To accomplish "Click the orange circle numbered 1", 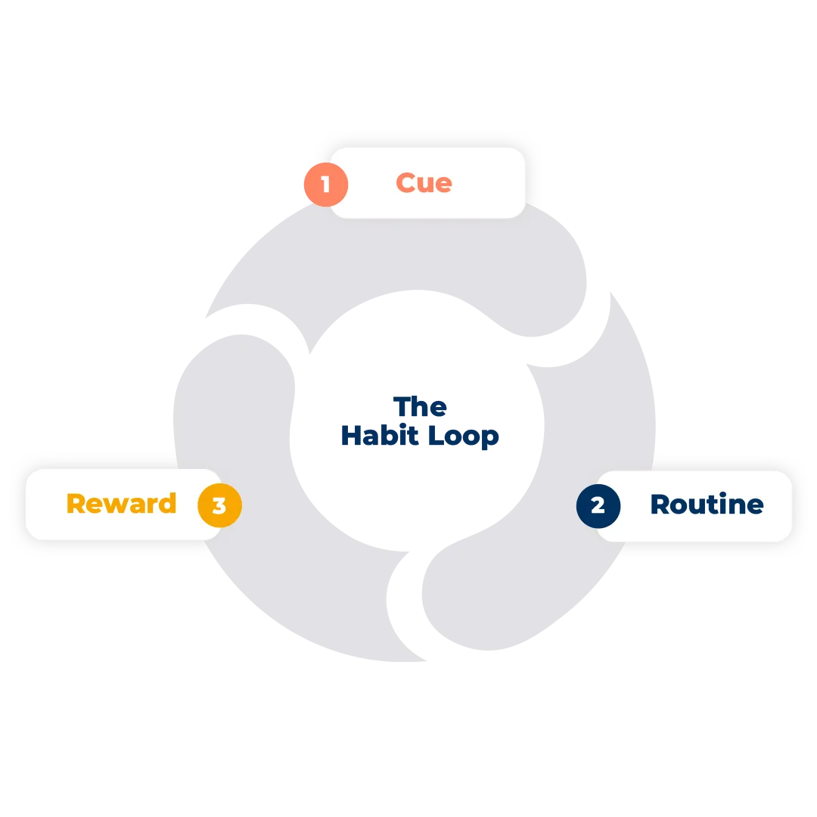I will pyautogui.click(x=325, y=184).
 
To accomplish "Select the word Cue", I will pyautogui.click(x=424, y=182).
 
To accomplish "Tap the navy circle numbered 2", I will pyautogui.click(x=598, y=505).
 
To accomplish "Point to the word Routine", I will pyautogui.click(x=707, y=505).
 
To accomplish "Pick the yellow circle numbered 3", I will pyautogui.click(x=219, y=505).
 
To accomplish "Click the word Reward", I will pyautogui.click(x=121, y=504).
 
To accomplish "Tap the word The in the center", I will pyautogui.click(x=421, y=407).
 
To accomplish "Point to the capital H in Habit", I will pyautogui.click(x=349, y=436).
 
